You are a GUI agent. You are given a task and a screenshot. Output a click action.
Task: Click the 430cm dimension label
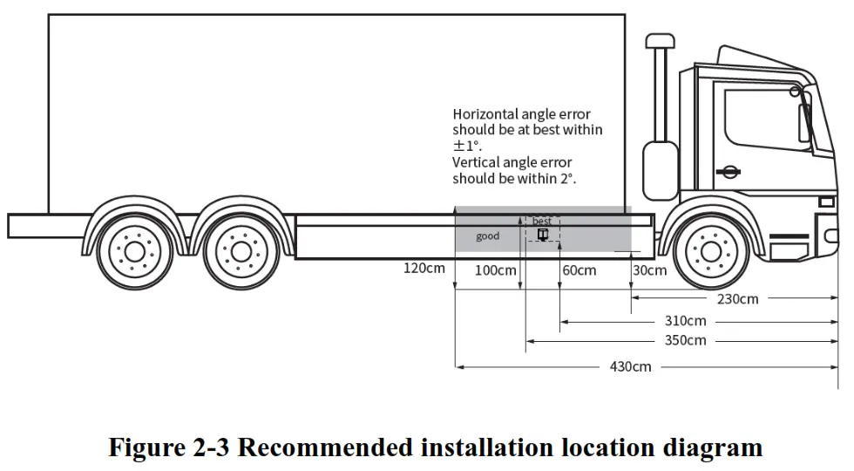click(x=630, y=366)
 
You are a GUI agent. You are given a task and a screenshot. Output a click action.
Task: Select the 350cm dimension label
click(x=685, y=340)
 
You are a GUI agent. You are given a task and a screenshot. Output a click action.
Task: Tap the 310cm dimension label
click(x=685, y=321)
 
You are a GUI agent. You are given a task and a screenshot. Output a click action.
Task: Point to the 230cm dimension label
click(x=737, y=298)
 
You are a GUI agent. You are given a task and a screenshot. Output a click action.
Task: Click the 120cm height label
click(x=424, y=268)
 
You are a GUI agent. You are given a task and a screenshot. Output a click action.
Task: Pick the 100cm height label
click(x=495, y=270)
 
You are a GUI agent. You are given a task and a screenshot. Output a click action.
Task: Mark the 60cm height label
click(x=579, y=270)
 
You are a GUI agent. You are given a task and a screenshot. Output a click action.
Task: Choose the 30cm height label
click(x=650, y=270)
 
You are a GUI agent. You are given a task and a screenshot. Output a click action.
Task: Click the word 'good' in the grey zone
click(x=488, y=236)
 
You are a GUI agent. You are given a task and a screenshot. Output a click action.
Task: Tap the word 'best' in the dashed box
click(x=542, y=222)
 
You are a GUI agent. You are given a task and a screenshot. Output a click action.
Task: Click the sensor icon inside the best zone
click(x=543, y=234)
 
